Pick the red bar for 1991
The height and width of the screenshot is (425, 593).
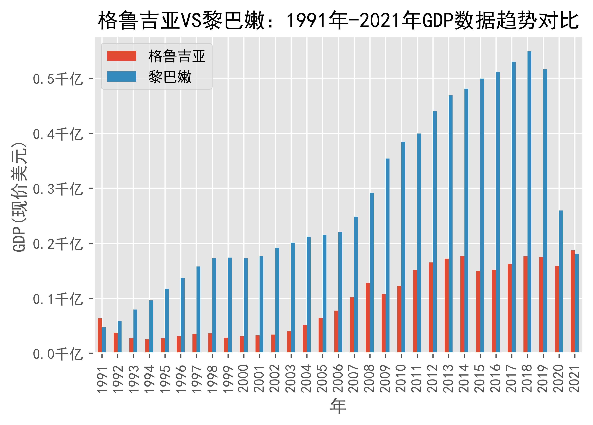(x=100, y=335)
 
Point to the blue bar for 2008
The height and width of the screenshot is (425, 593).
(x=372, y=272)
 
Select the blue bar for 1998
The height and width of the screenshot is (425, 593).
(x=214, y=305)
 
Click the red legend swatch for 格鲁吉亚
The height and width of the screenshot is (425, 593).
(x=122, y=56)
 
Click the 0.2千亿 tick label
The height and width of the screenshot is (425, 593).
(x=57, y=244)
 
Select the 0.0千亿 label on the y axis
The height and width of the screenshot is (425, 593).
(x=57, y=354)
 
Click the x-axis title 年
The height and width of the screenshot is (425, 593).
(x=338, y=406)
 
